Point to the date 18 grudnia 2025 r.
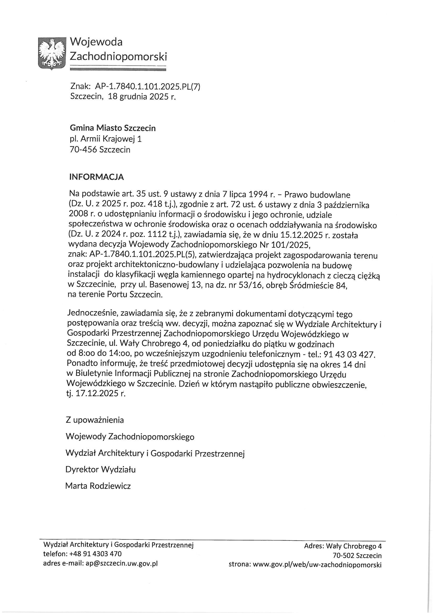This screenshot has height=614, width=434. pyautogui.click(x=142, y=97)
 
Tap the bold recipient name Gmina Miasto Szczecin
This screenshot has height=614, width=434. pyautogui.click(x=113, y=128)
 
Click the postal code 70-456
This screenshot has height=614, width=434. pyautogui.click(x=83, y=149)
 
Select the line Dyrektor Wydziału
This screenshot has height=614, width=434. pyautogui.click(x=101, y=469)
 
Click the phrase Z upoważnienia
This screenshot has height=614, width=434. pyautogui.click(x=95, y=420)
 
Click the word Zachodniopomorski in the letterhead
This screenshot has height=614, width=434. pyautogui.click(x=118, y=56)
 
